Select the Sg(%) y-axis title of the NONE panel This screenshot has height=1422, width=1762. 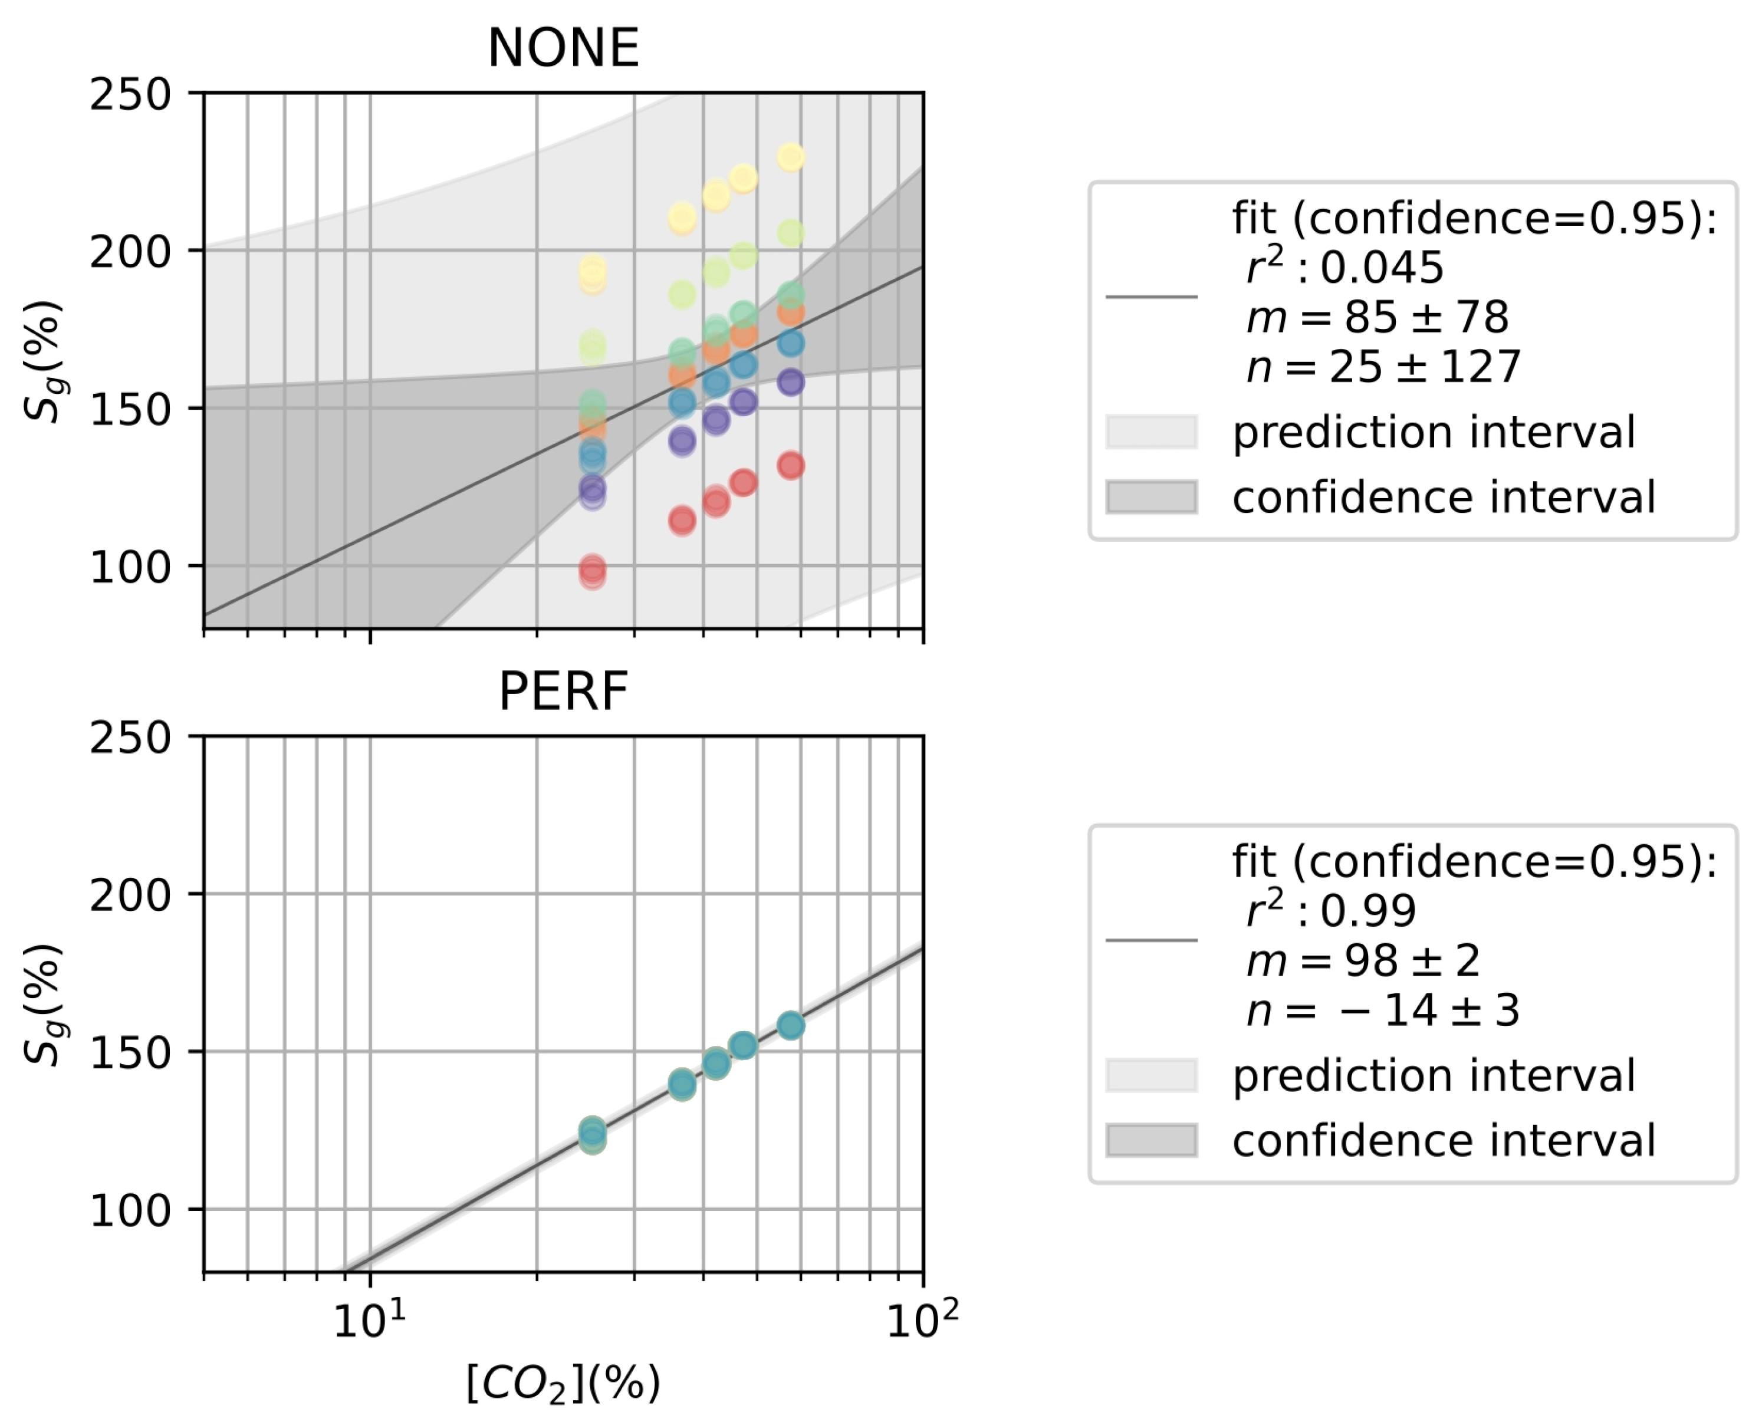42,360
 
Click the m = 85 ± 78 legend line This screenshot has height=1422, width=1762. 1376,318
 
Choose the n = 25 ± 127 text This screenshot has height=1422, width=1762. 1383,367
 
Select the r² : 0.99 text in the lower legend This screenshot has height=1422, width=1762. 1330,910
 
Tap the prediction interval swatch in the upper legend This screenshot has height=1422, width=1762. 1151,432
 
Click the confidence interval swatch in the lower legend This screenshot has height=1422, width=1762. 1151,1140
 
